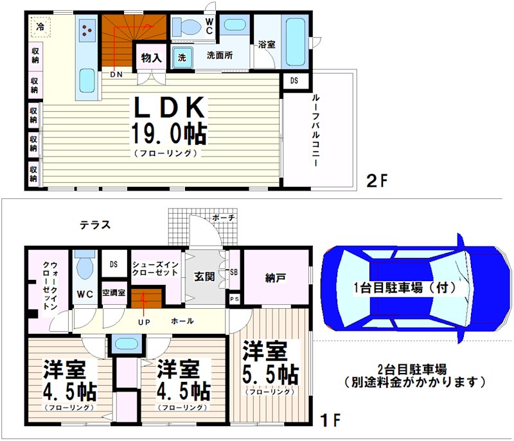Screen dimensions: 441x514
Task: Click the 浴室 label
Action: (x=267, y=45)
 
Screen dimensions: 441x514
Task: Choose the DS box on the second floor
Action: (x=294, y=81)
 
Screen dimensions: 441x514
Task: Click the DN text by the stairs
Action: (x=116, y=74)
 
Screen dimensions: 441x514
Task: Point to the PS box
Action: (x=235, y=298)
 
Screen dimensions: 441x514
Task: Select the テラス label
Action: (x=95, y=225)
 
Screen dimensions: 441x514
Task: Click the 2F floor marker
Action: (x=378, y=180)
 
